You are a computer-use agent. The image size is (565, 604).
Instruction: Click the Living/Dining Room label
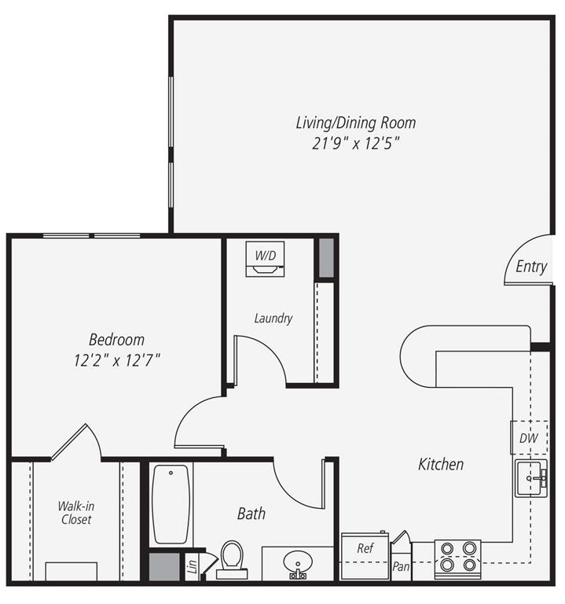355,123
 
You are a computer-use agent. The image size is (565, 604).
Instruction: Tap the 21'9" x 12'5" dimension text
355,143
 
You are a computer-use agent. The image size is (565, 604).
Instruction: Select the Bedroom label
116,340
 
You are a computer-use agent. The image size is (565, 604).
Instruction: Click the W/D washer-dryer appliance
265,259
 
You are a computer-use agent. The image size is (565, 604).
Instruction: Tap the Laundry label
273,319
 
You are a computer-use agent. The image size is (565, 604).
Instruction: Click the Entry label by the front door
531,267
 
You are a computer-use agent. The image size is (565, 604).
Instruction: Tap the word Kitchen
440,464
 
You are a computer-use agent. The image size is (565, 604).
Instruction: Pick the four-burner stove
457,558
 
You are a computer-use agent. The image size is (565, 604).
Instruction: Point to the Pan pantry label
401,565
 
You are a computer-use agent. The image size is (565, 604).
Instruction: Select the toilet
232,558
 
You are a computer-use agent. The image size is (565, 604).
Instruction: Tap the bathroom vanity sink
298,563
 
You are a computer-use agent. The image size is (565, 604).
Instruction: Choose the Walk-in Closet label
75,513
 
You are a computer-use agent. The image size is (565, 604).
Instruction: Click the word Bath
251,514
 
